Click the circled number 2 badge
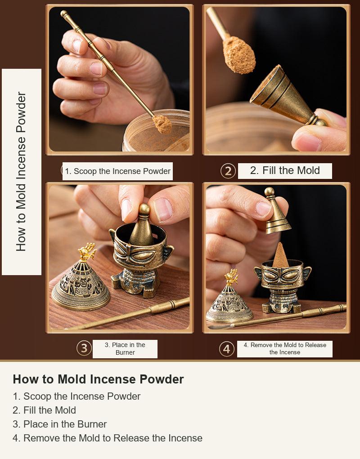pyautogui.click(x=228, y=171)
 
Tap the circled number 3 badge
pyautogui.click(x=84, y=348)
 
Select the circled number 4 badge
pyautogui.click(x=227, y=349)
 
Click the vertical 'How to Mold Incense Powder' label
pyautogui.click(x=21, y=172)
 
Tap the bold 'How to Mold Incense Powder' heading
pyautogui.click(x=98, y=379)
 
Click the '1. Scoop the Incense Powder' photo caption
pyautogui.click(x=118, y=171)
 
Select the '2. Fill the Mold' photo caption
pyautogui.click(x=285, y=170)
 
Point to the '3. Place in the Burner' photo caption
pyautogui.click(x=125, y=349)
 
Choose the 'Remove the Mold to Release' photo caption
pyautogui.click(x=285, y=345)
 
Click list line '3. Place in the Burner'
pyautogui.click(x=59, y=424)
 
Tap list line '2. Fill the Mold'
pyautogui.click(x=44, y=410)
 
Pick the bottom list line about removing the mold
pyautogui.click(x=108, y=438)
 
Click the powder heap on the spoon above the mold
pyautogui.click(x=239, y=54)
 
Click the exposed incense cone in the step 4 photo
pyautogui.click(x=280, y=255)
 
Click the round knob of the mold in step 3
pyautogui.click(x=144, y=209)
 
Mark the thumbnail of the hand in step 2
pyautogui.click(x=307, y=142)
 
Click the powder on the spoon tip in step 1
pyautogui.click(x=162, y=124)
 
